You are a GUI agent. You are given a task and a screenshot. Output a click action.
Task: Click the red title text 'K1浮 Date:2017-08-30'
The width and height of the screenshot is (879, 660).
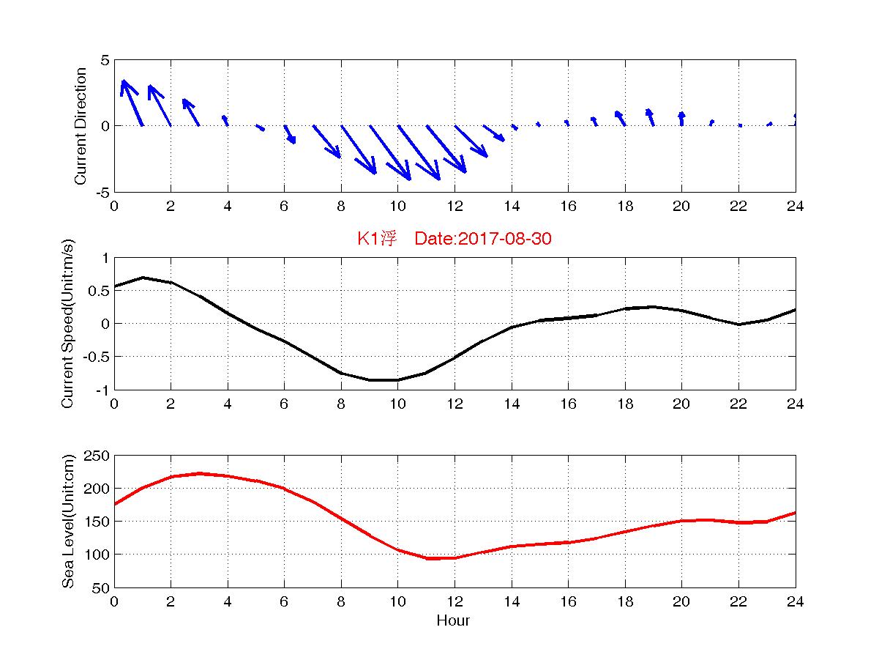[x=454, y=239]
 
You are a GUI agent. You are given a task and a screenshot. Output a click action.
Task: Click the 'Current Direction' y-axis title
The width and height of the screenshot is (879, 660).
[x=81, y=126]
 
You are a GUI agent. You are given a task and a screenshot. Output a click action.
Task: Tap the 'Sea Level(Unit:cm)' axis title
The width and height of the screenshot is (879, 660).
[x=69, y=522]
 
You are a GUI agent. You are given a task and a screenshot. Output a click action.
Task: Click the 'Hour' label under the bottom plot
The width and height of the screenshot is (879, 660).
[x=454, y=621]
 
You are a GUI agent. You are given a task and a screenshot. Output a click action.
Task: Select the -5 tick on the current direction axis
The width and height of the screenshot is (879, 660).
[x=101, y=192]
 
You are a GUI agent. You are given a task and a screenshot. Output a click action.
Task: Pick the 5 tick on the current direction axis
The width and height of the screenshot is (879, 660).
[x=105, y=60]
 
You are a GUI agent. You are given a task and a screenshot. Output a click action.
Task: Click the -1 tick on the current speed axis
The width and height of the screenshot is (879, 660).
[x=102, y=390]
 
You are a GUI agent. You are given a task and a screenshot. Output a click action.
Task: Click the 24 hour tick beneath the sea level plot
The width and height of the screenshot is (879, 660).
[x=796, y=601]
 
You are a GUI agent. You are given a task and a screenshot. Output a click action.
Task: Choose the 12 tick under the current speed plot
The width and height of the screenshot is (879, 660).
[x=455, y=404]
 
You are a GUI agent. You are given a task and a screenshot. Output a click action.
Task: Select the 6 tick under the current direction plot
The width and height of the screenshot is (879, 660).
[x=284, y=206]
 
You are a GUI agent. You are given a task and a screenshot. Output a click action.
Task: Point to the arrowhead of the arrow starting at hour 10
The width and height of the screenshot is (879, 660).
[x=409, y=179]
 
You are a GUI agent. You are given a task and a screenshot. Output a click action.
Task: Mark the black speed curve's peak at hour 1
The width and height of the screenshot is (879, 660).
[x=143, y=278]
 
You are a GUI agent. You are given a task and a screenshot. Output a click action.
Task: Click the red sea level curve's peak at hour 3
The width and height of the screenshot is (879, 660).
[x=199, y=473]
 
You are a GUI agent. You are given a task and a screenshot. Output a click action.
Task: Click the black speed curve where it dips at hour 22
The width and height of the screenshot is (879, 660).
[x=738, y=325]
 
